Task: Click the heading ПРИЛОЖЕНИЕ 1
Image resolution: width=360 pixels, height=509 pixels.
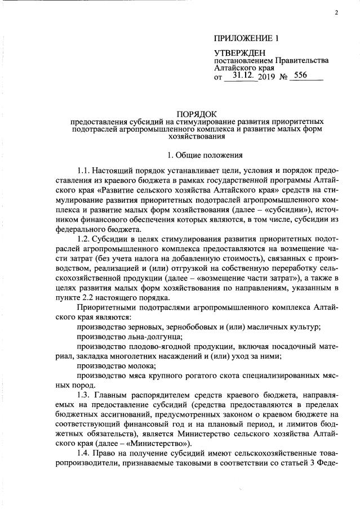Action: point(246,39)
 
